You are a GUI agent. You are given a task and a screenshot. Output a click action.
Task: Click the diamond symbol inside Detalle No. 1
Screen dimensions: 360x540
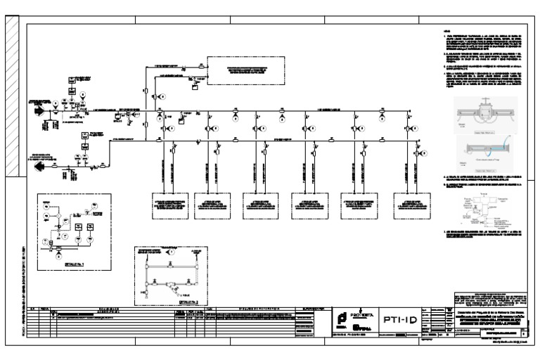59,247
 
